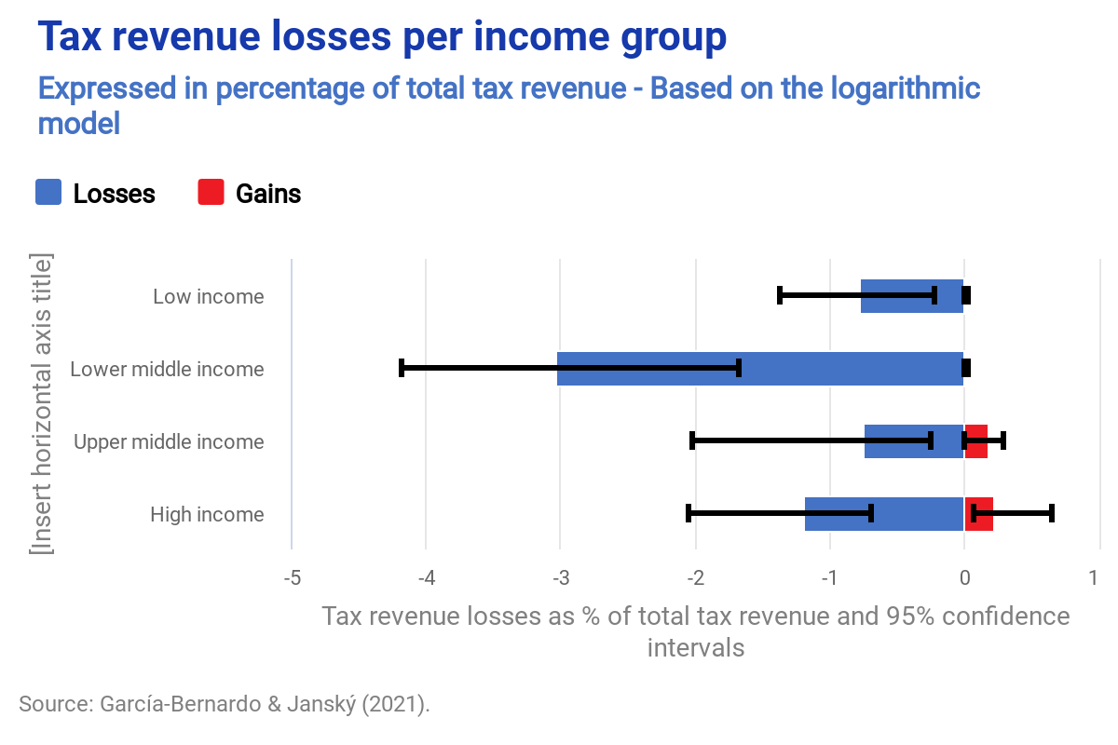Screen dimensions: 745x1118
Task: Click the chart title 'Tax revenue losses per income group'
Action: tap(382, 38)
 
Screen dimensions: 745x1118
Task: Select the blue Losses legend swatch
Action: tap(48, 193)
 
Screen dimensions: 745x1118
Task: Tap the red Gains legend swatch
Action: tap(211, 193)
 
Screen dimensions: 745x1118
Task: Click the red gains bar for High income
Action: tap(979, 514)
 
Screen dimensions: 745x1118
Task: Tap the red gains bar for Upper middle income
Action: tap(976, 441)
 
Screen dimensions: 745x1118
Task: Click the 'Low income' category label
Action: tap(209, 297)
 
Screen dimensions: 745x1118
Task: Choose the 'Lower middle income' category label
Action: tap(167, 370)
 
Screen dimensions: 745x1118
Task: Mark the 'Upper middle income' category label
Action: tap(169, 442)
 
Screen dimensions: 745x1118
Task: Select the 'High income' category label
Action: tap(207, 515)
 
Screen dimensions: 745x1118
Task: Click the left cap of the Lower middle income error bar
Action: tap(402, 368)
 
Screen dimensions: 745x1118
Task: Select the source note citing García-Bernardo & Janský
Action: tap(225, 703)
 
